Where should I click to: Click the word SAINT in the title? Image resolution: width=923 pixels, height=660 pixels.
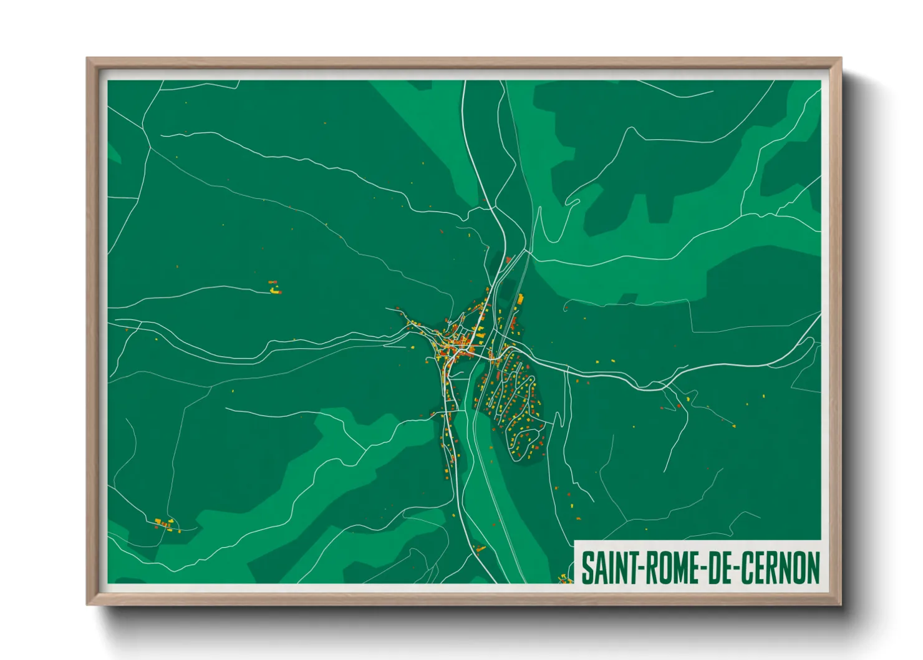click(605, 568)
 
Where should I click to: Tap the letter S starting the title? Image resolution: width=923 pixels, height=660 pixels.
click(587, 568)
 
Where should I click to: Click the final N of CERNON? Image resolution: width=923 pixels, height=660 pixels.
click(813, 568)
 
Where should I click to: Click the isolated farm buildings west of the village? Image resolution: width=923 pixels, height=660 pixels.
click(274, 288)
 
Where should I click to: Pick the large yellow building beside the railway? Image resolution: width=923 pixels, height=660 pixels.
click(519, 299)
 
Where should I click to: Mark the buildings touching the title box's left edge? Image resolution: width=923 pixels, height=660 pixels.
click(566, 580)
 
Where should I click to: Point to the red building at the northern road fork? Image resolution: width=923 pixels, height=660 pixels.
click(508, 259)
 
